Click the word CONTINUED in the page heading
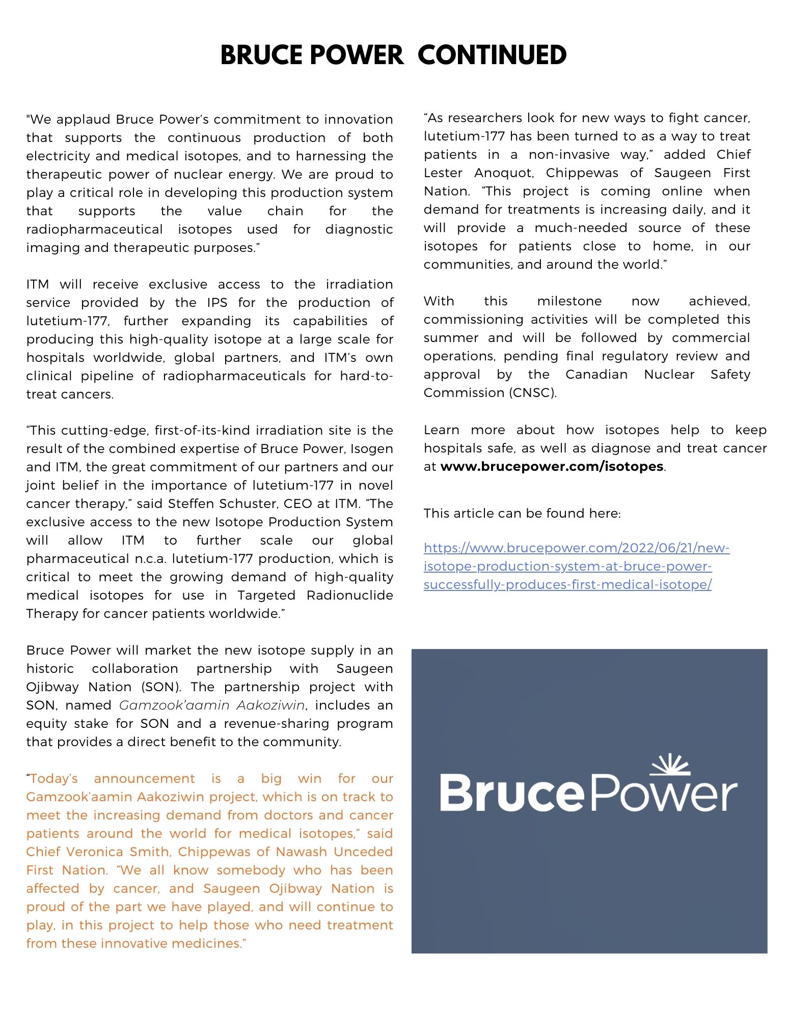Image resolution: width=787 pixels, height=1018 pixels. [492, 55]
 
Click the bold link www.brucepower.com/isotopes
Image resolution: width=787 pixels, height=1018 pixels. [552, 466]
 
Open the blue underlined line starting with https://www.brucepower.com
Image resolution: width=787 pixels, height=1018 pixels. [576, 548]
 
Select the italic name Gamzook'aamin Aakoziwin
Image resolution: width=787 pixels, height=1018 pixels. [212, 705]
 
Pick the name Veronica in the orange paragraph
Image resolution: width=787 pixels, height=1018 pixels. [96, 852]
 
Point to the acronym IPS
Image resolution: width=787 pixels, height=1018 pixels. [217, 303]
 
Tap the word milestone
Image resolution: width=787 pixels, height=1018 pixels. [569, 301]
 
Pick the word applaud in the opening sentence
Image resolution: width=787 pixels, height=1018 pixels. [84, 120]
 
